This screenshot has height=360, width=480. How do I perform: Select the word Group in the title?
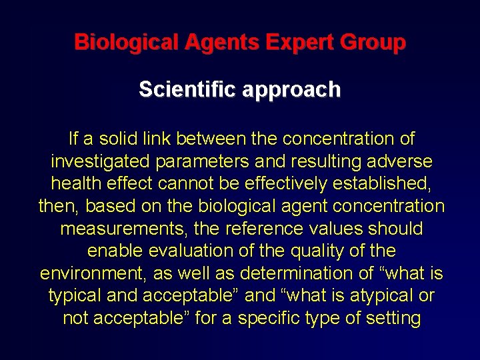373,43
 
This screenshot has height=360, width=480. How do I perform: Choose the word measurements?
119,229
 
